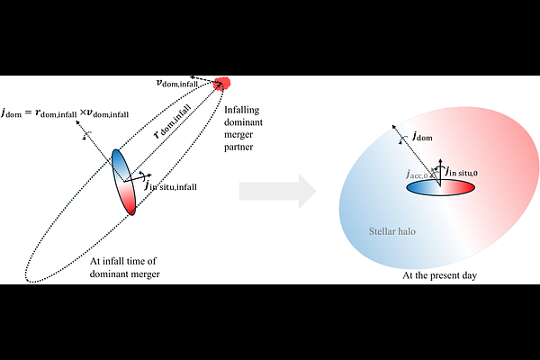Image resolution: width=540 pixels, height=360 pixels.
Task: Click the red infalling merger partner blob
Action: (221, 84)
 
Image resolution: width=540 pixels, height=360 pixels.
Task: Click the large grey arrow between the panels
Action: (278, 191)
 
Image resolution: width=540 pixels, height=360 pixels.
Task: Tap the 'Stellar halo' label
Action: (391, 231)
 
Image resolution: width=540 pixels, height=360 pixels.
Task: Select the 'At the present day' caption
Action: (440, 275)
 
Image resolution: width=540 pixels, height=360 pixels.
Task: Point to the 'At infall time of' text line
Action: (123, 261)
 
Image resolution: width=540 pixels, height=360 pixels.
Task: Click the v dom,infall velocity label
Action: (177, 83)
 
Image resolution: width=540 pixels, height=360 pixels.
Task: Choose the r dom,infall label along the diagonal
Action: (172, 121)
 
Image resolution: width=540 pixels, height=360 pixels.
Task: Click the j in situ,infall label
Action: (170, 185)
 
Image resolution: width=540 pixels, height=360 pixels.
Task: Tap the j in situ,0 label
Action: (462, 172)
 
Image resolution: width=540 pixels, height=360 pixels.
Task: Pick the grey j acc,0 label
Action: (417, 174)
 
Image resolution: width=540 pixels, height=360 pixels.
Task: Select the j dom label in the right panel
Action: (423, 136)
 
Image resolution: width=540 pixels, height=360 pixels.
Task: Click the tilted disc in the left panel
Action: (123, 182)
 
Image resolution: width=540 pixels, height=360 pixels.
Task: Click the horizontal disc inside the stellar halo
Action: (440, 188)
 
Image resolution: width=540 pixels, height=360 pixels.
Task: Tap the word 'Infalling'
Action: (242, 110)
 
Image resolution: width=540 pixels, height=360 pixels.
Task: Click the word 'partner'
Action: (238, 147)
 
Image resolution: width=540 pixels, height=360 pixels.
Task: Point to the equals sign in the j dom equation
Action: (28, 112)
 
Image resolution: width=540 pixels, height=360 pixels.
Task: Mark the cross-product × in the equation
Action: (83, 112)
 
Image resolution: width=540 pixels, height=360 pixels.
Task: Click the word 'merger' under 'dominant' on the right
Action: (238, 135)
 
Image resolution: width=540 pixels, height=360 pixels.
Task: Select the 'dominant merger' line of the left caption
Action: (125, 274)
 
